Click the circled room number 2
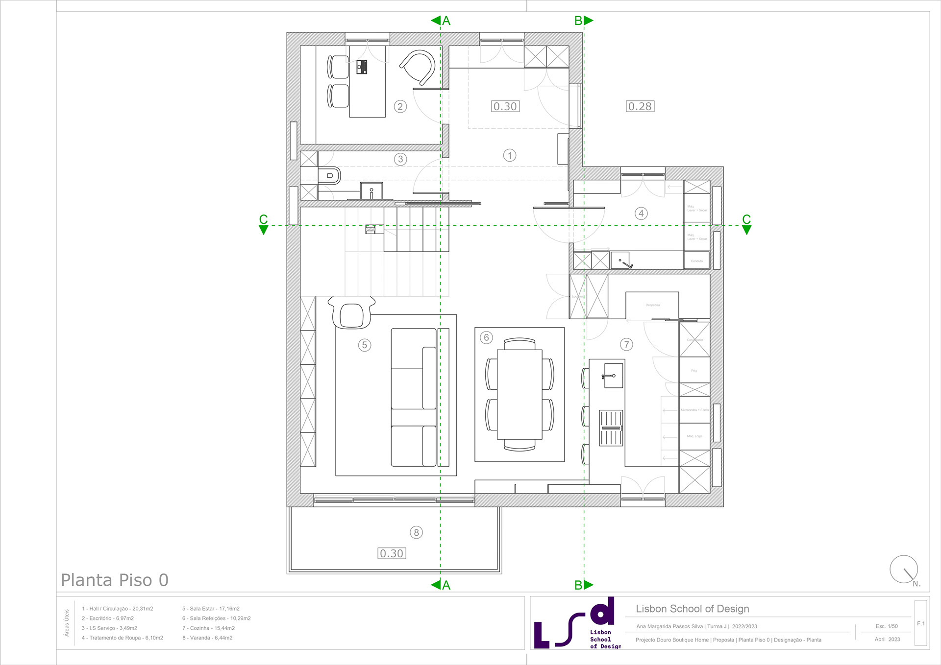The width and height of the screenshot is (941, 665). [400, 106]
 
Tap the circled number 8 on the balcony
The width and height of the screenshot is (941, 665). [416, 532]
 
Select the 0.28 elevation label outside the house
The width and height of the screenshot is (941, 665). [640, 106]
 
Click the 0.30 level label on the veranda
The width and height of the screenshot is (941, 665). [392, 553]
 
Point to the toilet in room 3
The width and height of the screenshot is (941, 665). [330, 175]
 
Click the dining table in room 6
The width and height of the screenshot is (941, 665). [520, 394]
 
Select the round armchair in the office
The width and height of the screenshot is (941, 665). [418, 67]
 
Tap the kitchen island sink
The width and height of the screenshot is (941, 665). [613, 376]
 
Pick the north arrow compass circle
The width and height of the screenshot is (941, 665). [903, 569]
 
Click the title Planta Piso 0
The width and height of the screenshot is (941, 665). [115, 580]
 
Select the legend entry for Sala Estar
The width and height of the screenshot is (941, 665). [211, 609]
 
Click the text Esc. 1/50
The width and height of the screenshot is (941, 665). [887, 626]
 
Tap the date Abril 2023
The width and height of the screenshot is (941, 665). [887, 639]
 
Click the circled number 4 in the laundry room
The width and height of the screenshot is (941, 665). [641, 213]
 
